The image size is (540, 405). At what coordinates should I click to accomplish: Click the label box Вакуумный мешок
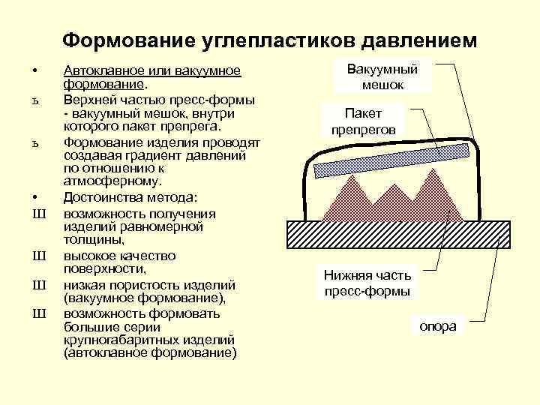(382, 77)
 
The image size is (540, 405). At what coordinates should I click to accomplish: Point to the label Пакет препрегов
(364, 121)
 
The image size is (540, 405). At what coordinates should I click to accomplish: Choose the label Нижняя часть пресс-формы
(367, 283)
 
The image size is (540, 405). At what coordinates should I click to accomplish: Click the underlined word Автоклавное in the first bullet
(101, 70)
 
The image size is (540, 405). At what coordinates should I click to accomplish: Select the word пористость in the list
(143, 285)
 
